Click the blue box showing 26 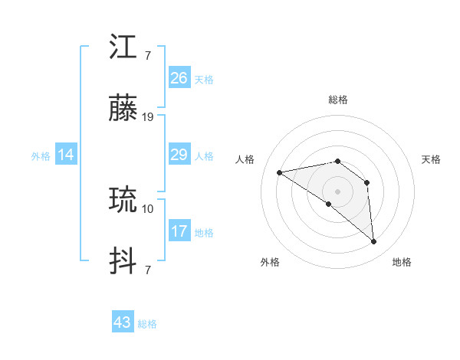pyautogui.click(x=179, y=78)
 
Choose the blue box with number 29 pyautogui.click(x=179, y=155)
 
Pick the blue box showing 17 pyautogui.click(x=179, y=231)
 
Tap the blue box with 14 pyautogui.click(x=66, y=155)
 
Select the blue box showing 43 pyautogui.click(x=123, y=322)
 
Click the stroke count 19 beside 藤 pyautogui.click(x=148, y=117)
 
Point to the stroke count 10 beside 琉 pyautogui.click(x=148, y=208)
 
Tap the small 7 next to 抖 pyautogui.click(x=147, y=270)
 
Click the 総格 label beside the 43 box pyautogui.click(x=147, y=324)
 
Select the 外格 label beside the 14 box pyautogui.click(x=41, y=156)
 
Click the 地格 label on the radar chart pyautogui.click(x=402, y=262)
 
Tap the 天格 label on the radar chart pyautogui.click(x=431, y=159)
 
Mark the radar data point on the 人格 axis pyautogui.click(x=280, y=172)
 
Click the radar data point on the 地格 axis pyautogui.click(x=374, y=242)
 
